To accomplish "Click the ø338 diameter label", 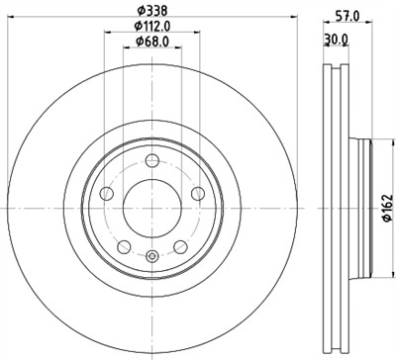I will (151, 11).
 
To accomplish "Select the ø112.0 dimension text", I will (151, 27).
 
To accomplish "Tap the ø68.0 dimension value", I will (151, 42).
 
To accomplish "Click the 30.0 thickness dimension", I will (337, 40).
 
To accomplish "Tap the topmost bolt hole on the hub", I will (150, 163).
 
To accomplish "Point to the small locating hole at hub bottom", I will (150, 259).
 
